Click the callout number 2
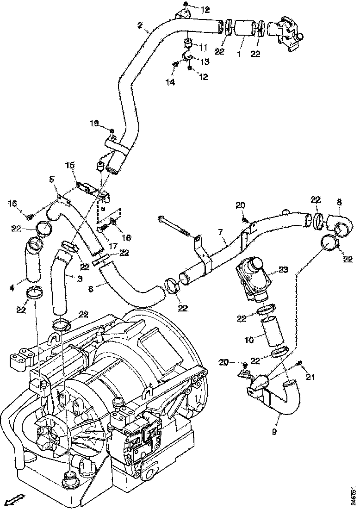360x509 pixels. coord(140,25)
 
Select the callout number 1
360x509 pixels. coord(239,54)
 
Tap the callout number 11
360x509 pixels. coord(204,47)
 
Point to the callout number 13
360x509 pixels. coord(204,61)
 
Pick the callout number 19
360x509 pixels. coord(94,123)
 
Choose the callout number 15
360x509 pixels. coord(69,165)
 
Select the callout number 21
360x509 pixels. coord(310,377)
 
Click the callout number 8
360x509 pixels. coord(340,202)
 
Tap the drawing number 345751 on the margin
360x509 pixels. coord(354,493)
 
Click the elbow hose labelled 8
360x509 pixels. coord(341,223)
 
